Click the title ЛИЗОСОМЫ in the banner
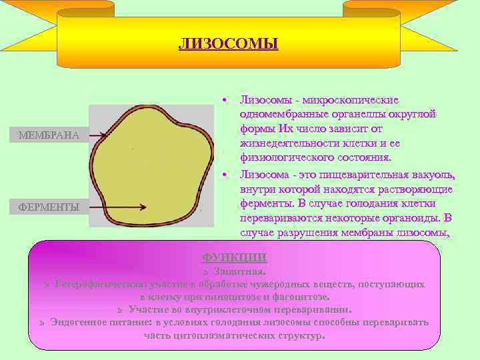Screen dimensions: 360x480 click(x=228, y=45)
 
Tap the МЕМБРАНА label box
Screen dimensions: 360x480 click(x=49, y=135)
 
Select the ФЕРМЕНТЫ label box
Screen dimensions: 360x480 click(x=49, y=207)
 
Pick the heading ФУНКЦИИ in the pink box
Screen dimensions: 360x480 click(x=234, y=258)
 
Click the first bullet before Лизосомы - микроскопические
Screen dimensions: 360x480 click(x=227, y=99)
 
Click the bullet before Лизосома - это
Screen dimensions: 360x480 click(x=227, y=175)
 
